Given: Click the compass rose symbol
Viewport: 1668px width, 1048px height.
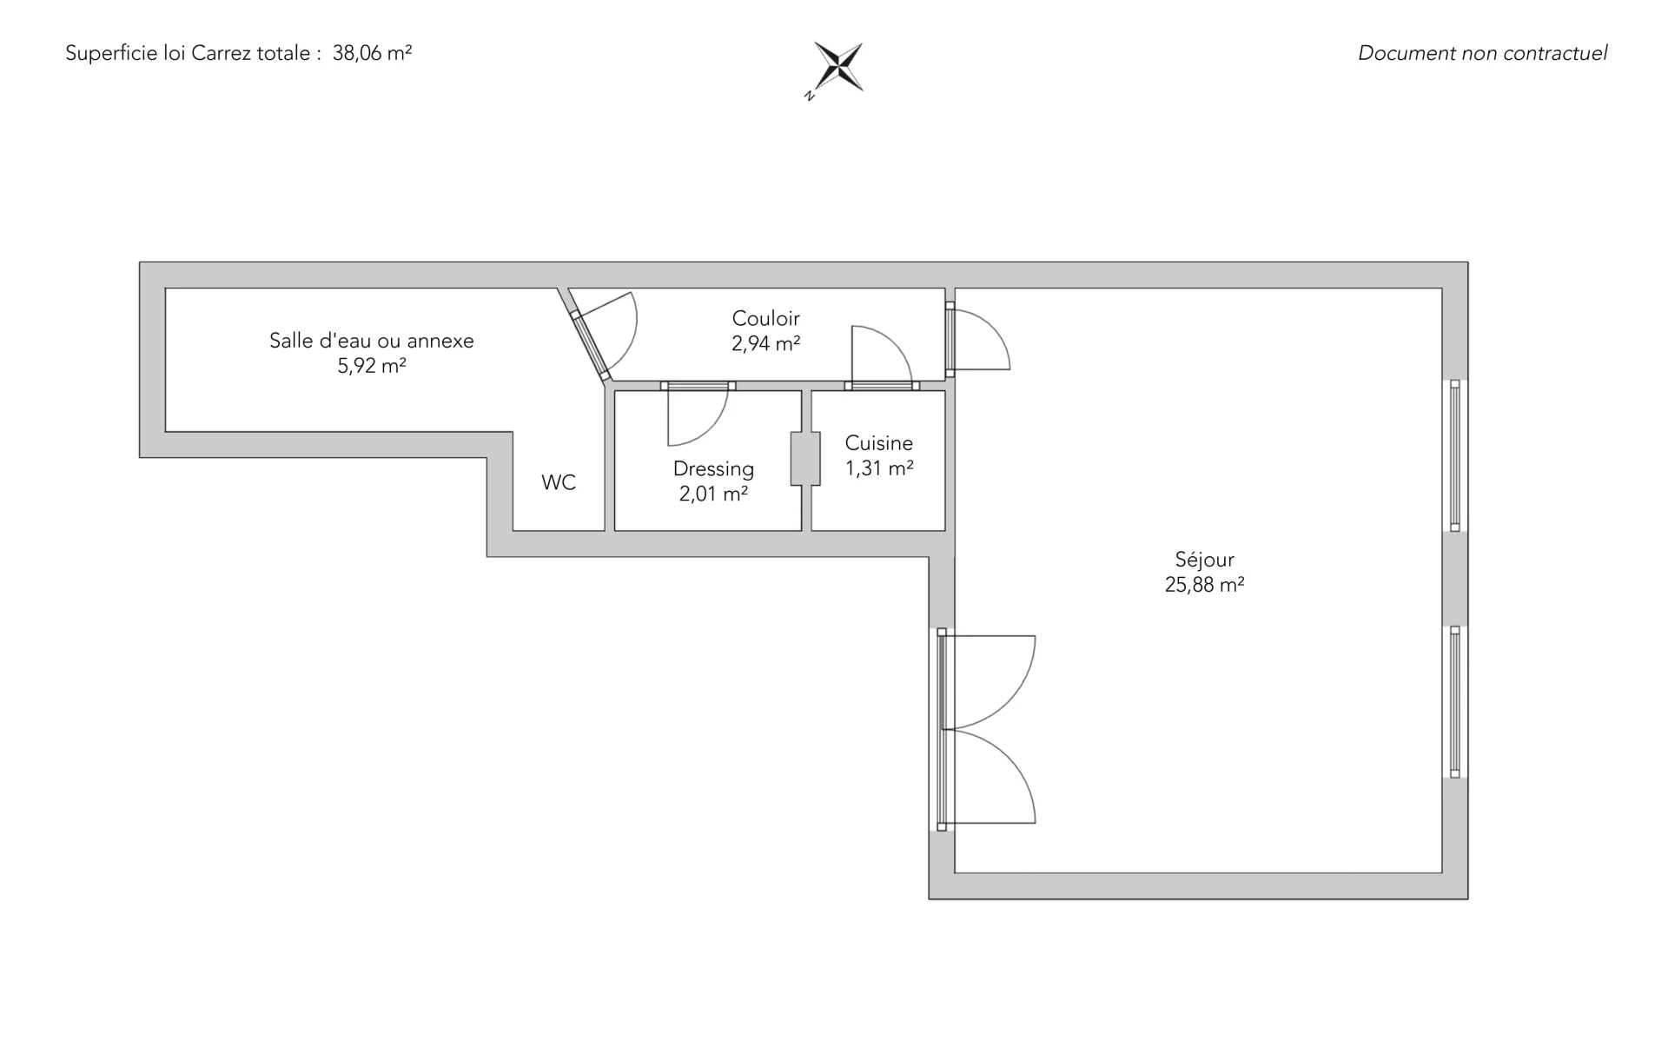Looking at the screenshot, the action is pyautogui.click(x=837, y=68).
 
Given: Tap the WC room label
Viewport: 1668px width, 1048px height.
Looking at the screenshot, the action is pyautogui.click(x=559, y=483).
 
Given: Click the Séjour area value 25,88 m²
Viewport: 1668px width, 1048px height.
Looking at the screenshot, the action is pyautogui.click(x=1204, y=585).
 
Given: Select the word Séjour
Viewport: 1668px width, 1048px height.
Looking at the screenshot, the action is pyautogui.click(x=1204, y=560).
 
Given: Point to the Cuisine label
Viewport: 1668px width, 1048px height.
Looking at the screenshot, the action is pyautogui.click(x=879, y=443).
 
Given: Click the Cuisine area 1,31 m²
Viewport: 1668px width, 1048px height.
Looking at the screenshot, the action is pyautogui.click(x=879, y=468).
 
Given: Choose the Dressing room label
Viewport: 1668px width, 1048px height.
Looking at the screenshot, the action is pyautogui.click(x=713, y=469).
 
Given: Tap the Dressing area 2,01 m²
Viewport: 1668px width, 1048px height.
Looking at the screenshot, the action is pyautogui.click(x=713, y=494).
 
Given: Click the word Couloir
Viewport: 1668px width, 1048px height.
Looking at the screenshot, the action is pyautogui.click(x=765, y=318).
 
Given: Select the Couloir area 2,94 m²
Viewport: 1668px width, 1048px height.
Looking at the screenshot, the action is pyautogui.click(x=765, y=343).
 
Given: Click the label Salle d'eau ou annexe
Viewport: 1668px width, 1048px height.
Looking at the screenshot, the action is pyautogui.click(x=372, y=341).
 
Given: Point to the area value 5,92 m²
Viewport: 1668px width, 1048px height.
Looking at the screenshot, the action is pyautogui.click(x=372, y=366).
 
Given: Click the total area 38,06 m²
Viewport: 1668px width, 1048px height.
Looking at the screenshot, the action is pyautogui.click(x=372, y=53).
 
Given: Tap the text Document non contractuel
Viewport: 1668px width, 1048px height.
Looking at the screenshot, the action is pyautogui.click(x=1482, y=53).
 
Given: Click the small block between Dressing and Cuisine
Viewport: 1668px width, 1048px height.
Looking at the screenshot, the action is pyautogui.click(x=805, y=459).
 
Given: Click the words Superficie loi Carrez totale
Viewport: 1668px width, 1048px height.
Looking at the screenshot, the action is pyautogui.click(x=188, y=53).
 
